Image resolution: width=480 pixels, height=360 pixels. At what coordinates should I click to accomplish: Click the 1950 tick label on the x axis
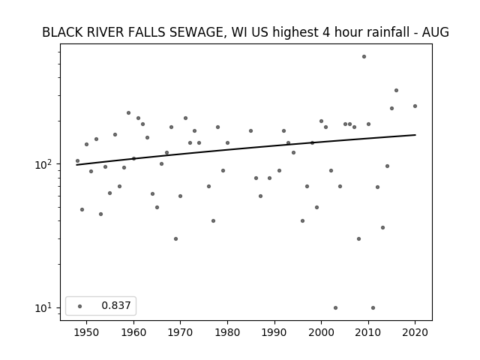point(87,333)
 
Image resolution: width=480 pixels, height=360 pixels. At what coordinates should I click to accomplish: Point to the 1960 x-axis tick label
point(133,333)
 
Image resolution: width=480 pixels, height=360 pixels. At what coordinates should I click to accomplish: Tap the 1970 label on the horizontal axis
point(180,333)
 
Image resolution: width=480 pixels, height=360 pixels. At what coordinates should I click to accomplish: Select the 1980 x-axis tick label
point(227,333)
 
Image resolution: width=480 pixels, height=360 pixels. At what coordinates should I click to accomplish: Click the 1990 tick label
point(274,333)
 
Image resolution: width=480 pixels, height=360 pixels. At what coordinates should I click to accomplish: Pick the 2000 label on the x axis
point(321,333)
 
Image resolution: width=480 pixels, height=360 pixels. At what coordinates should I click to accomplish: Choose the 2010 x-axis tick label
point(368,333)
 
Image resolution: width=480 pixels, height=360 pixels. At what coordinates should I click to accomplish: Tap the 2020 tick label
point(415,333)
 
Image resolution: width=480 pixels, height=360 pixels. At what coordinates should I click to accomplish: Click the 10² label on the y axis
point(45,164)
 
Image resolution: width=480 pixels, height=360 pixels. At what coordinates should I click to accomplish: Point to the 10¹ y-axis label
point(45,307)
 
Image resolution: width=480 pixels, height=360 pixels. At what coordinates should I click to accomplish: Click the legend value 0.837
point(116,305)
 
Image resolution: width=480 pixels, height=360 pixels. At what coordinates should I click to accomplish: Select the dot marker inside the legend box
point(80,306)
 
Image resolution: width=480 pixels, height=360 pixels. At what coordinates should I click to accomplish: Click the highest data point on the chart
point(364,57)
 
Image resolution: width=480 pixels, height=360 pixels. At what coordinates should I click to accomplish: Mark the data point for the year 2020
point(415,106)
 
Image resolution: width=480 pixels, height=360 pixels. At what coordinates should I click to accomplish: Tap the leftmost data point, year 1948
point(77,161)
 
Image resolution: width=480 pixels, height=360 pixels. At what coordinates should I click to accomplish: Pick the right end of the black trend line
point(415,135)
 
